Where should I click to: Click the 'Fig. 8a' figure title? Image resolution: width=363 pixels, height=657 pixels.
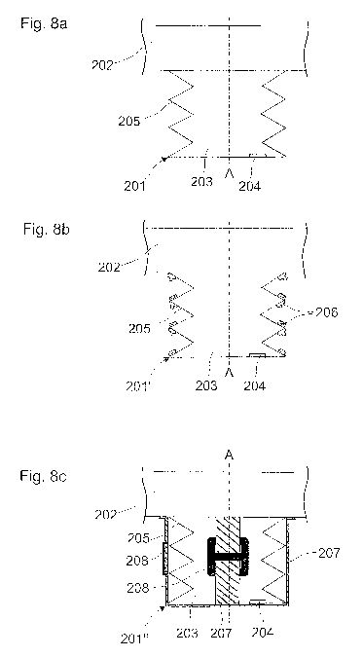(44, 23)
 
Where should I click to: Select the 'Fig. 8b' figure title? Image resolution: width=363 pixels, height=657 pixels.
(46, 230)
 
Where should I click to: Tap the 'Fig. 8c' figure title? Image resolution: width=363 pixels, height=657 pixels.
(43, 476)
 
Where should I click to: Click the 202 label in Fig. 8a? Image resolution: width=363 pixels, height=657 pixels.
(103, 65)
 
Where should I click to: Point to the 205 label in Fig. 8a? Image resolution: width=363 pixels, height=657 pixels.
(129, 121)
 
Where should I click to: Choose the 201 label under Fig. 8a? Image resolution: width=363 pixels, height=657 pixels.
(135, 186)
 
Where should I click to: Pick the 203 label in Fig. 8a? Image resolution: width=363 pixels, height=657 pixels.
(201, 182)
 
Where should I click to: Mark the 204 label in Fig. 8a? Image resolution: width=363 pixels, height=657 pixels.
(250, 186)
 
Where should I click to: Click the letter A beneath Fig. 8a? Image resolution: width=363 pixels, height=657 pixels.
(229, 172)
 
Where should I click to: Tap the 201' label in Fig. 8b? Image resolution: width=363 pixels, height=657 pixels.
(138, 385)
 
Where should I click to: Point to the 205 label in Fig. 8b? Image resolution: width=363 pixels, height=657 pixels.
(139, 328)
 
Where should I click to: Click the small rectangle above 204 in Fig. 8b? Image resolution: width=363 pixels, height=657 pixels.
(257, 355)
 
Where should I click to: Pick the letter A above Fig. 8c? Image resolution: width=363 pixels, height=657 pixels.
(229, 456)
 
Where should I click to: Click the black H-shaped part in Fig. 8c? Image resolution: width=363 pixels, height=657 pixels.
(229, 557)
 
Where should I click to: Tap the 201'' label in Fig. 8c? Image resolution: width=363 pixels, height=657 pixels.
(132, 639)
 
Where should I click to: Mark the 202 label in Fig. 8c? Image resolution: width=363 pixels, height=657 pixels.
(106, 515)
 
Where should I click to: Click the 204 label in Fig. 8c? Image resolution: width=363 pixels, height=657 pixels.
(263, 632)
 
